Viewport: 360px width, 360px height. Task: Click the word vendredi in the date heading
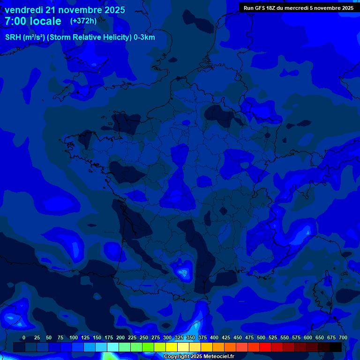24,10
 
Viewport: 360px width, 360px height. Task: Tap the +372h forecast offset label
83,21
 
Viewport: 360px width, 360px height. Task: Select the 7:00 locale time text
33,21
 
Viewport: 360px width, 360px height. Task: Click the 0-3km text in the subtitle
144,37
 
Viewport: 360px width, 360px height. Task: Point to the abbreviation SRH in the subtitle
13,37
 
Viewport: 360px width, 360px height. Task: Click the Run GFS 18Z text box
298,7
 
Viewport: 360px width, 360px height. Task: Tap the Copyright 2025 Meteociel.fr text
199,357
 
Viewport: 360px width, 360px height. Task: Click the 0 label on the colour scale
24,338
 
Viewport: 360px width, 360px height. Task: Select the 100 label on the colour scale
74,338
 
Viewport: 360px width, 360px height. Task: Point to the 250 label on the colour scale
144,338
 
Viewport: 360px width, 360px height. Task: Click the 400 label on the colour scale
214,338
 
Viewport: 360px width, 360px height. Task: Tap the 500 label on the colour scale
261,338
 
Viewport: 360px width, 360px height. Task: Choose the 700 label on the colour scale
343,338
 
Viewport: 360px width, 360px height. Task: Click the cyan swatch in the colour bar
112,347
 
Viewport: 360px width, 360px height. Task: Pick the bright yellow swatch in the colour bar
171,347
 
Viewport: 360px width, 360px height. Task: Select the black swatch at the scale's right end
335,347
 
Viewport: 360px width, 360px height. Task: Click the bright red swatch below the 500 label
265,347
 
